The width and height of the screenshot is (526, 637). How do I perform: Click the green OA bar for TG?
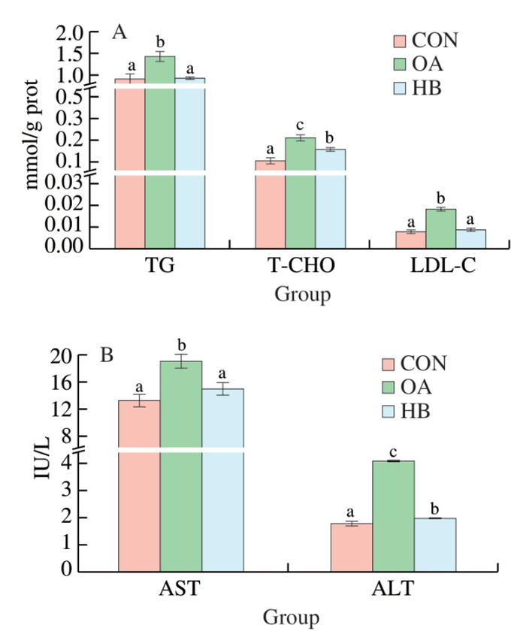(159, 150)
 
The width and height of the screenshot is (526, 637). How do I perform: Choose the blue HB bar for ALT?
(435, 544)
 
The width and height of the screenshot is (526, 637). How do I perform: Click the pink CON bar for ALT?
(352, 547)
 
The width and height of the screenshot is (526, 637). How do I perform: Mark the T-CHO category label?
(300, 267)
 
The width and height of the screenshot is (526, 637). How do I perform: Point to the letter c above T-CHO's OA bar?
(300, 125)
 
